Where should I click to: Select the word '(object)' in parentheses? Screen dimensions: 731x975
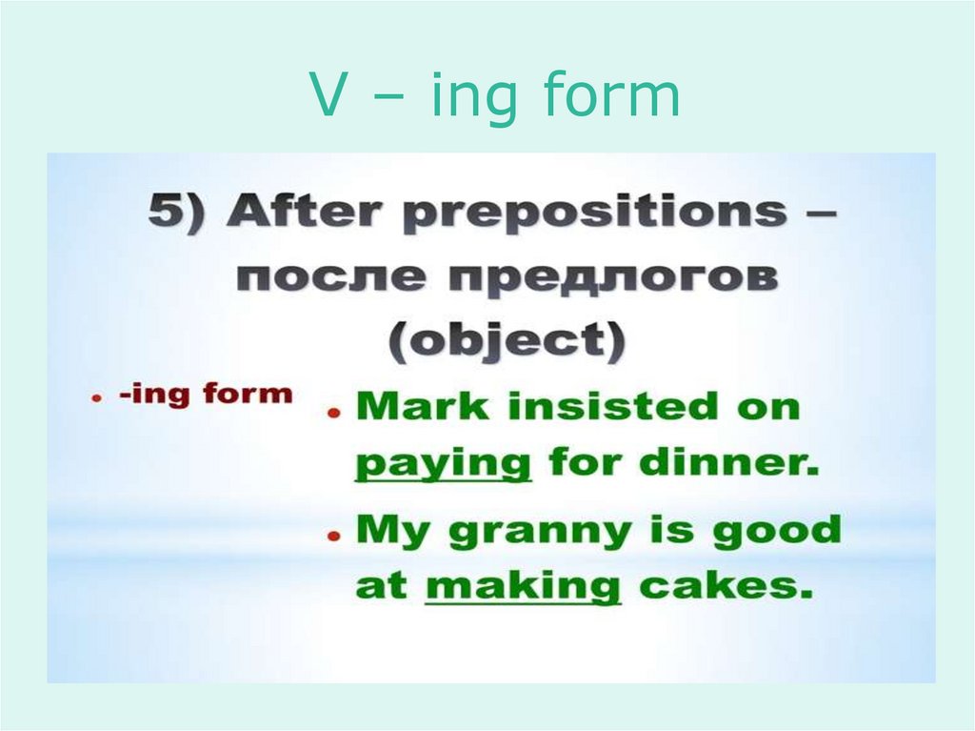pyautogui.click(x=507, y=339)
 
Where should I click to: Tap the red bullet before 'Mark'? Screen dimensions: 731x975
pyautogui.click(x=334, y=413)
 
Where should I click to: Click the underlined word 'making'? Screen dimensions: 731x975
pyautogui.click(x=523, y=585)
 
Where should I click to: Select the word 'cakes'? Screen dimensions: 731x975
pyautogui.click(x=726, y=585)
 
